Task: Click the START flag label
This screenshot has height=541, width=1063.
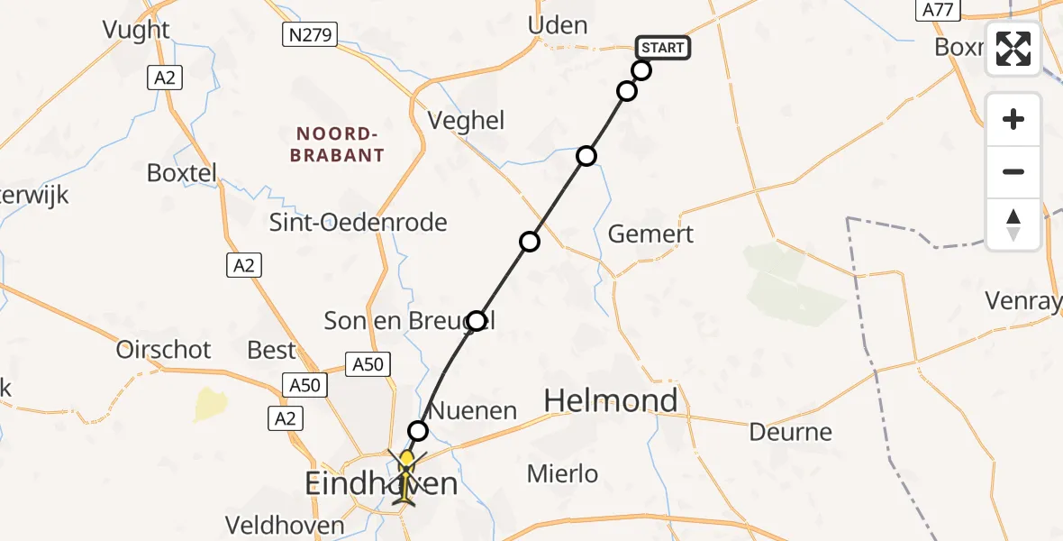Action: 663,47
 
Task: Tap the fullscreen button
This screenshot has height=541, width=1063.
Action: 1013,49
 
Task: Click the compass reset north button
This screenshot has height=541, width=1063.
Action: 1013,225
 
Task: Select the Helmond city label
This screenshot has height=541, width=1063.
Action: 611,400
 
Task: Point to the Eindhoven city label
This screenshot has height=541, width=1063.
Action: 381,484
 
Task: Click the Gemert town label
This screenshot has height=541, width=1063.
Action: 650,234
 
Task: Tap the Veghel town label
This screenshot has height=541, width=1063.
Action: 465,121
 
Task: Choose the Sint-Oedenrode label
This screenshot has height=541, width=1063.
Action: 359,223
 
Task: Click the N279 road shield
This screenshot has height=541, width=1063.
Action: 309,35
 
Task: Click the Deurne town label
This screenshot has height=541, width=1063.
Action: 790,432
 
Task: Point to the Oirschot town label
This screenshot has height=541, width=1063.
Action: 163,350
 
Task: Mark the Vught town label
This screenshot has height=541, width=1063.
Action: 136,30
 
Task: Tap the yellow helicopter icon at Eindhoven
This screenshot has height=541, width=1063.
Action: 406,478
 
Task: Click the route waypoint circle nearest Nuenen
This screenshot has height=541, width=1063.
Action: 418,431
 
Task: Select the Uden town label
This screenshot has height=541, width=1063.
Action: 558,25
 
